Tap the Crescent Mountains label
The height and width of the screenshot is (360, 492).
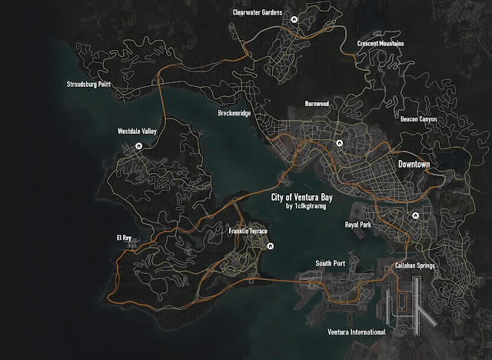(381, 44)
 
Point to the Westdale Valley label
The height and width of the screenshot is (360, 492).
(137, 132)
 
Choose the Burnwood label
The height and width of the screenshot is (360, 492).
(316, 102)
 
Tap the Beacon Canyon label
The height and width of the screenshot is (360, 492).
(419, 119)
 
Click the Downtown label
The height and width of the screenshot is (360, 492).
(413, 165)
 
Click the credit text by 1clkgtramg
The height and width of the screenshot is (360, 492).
(306, 206)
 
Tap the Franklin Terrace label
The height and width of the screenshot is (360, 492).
(248, 232)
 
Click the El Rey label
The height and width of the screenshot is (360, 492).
(125, 238)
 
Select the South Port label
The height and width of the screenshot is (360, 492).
(331, 263)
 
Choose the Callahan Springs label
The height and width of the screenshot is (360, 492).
(414, 265)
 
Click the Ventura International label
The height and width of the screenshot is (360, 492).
(354, 332)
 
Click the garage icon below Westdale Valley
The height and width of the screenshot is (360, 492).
(138, 145)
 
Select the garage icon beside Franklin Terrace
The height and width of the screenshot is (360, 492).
(271, 246)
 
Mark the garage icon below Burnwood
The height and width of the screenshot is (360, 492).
(338, 144)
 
